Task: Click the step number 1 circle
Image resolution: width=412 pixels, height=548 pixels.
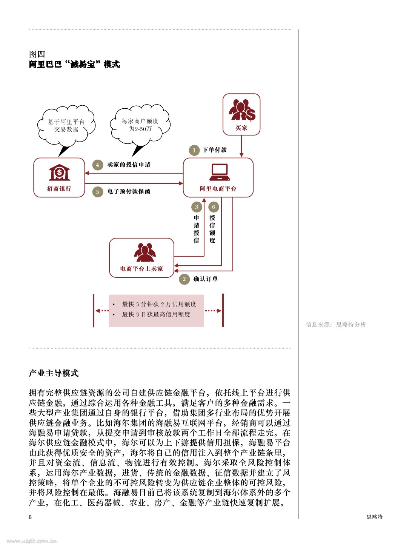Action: tap(194, 150)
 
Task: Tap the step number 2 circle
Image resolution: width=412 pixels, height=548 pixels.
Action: tap(184, 279)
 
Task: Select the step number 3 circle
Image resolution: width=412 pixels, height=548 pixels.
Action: tap(197, 207)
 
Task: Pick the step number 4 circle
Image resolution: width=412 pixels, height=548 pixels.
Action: tap(98, 165)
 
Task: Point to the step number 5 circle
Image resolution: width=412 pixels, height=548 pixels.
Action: tap(98, 192)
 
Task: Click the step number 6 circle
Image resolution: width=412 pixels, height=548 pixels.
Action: tap(214, 207)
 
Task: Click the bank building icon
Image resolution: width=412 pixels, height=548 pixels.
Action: tap(59, 172)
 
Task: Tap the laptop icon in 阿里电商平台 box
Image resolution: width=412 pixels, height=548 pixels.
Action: tap(220, 172)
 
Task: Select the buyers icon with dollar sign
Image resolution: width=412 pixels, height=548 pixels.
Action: tap(242, 110)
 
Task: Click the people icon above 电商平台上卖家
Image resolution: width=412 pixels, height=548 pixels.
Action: tap(145, 252)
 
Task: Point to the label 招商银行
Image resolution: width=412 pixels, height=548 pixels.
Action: tap(59, 188)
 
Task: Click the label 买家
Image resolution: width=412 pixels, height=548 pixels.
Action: tap(241, 128)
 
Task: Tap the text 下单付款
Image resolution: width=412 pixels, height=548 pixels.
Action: tap(215, 150)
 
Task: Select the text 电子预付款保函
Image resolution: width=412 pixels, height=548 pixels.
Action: tap(129, 191)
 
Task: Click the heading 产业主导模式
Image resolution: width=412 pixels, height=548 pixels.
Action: tap(54, 373)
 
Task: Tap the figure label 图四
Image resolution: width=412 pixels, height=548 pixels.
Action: tap(37, 54)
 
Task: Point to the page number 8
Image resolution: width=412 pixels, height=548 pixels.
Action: tap(30, 517)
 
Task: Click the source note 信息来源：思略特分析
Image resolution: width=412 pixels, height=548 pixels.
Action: tap(336, 325)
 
